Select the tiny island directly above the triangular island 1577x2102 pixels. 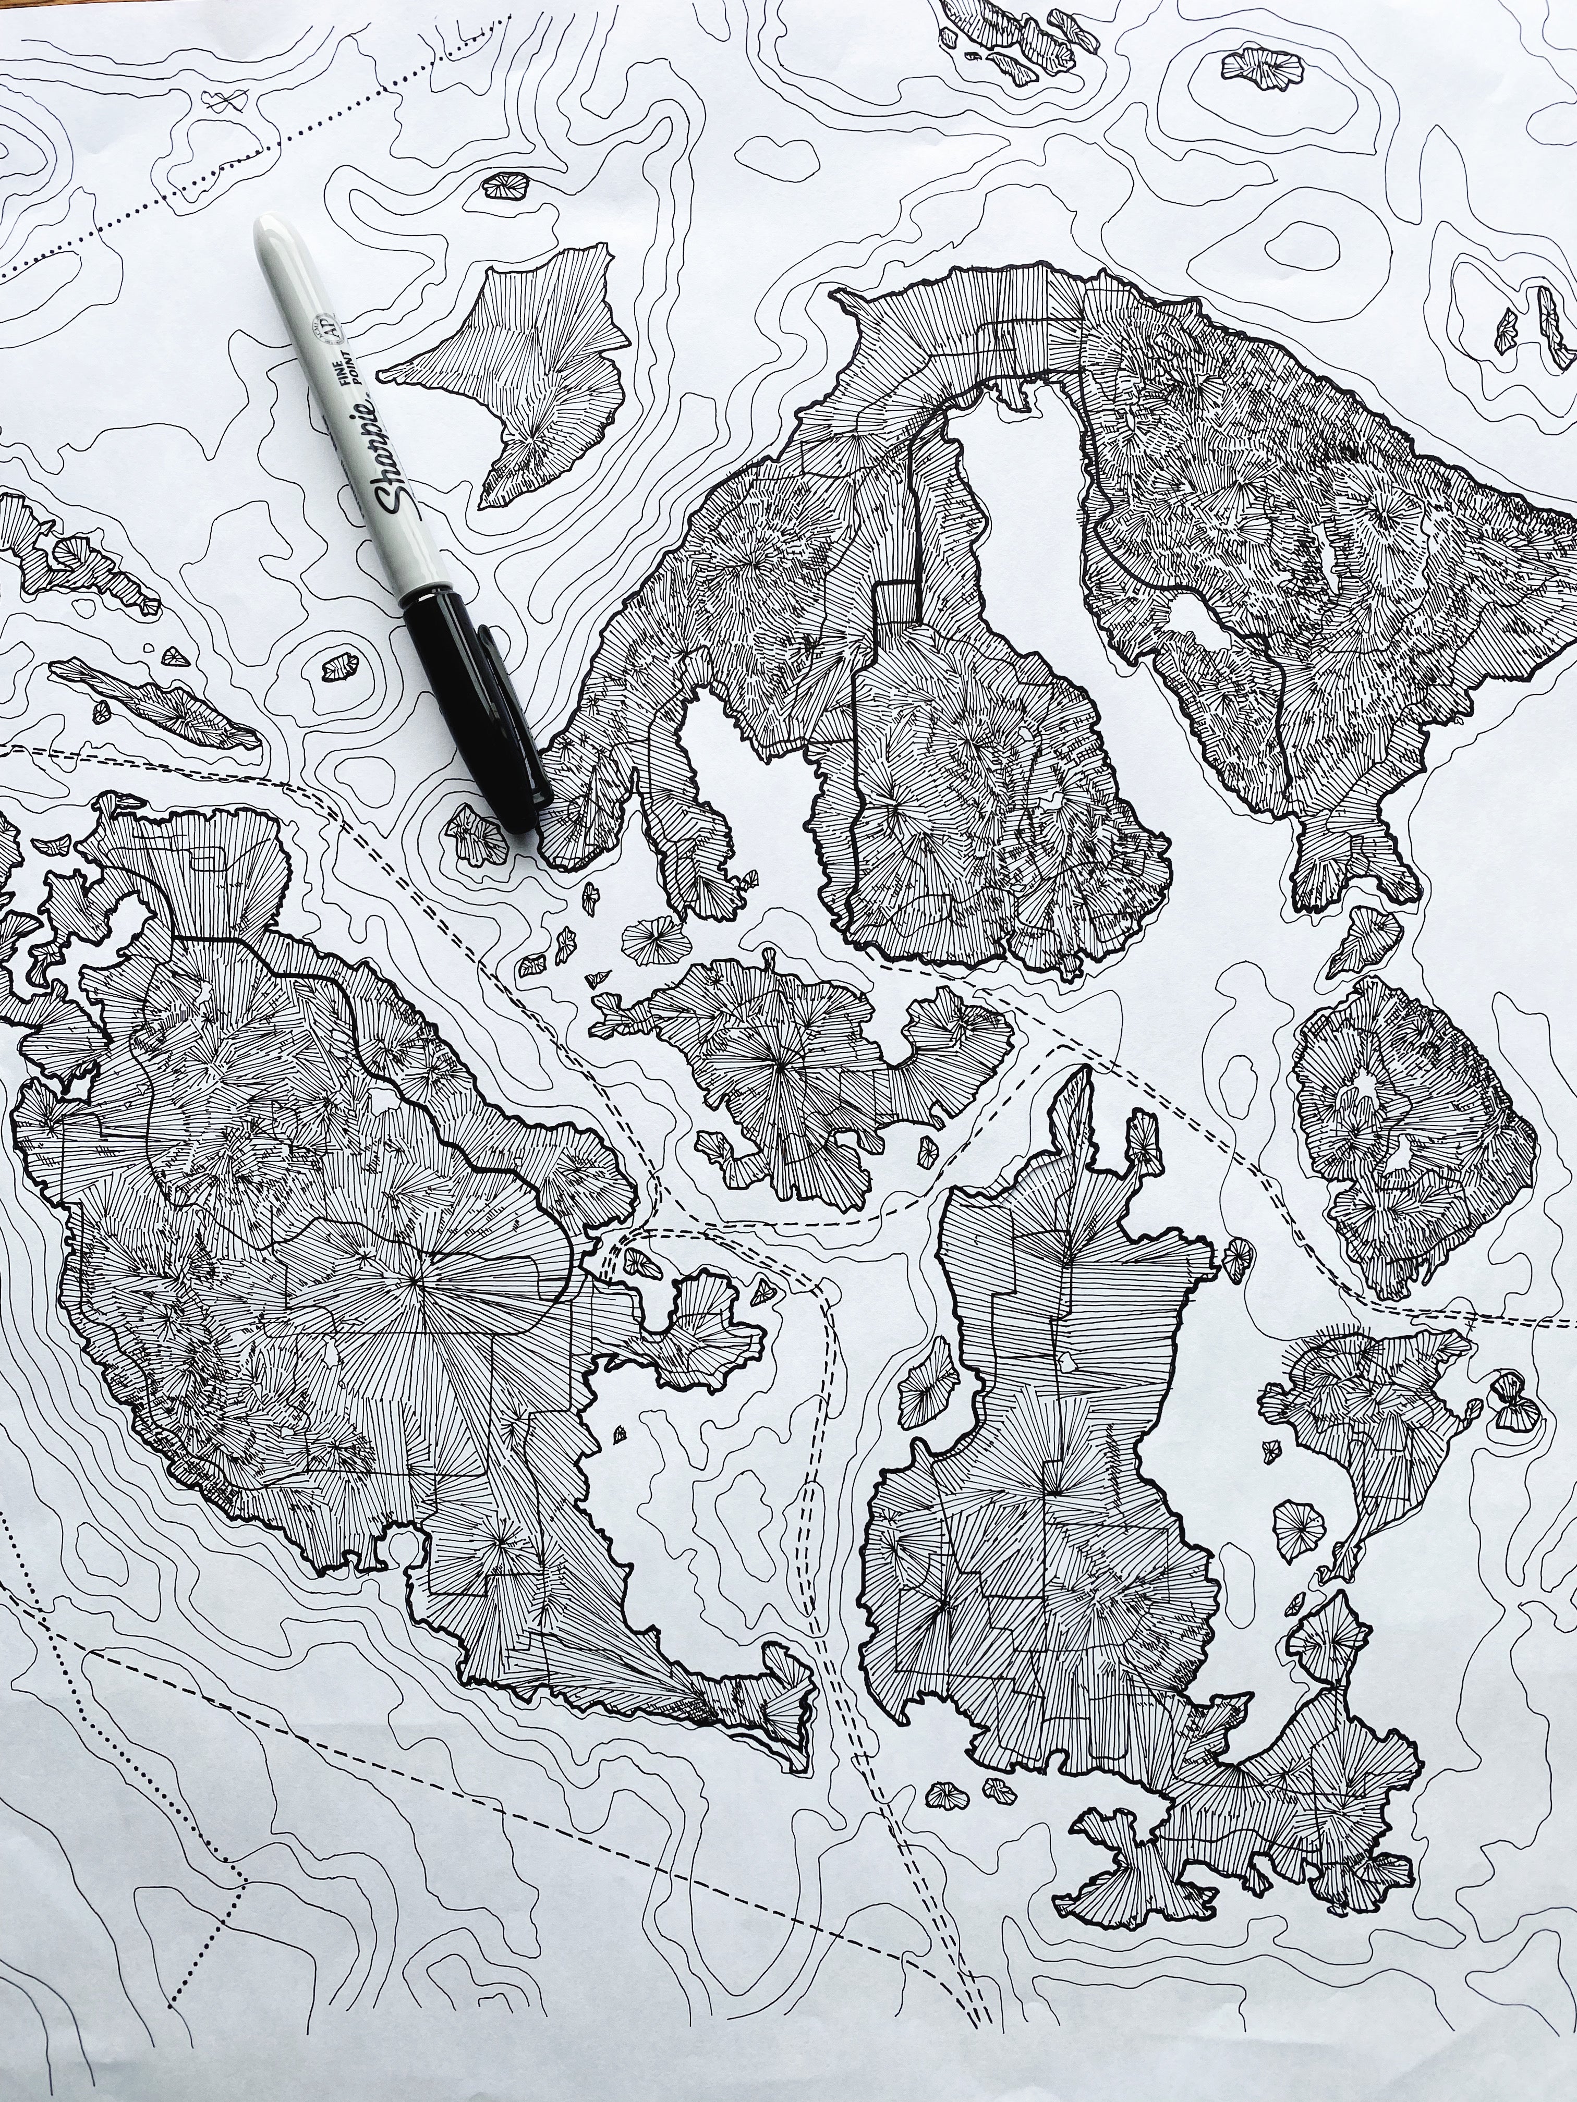point(506,185)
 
